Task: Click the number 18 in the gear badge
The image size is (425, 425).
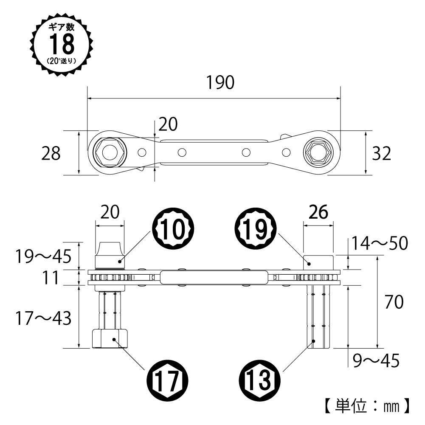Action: [x=62, y=44]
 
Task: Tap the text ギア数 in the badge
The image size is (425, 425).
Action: [x=62, y=27]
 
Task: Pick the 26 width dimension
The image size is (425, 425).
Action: [x=318, y=212]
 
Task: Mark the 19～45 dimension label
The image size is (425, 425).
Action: [x=41, y=256]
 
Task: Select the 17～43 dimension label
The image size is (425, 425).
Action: [x=41, y=318]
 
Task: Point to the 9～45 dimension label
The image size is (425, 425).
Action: [x=376, y=361]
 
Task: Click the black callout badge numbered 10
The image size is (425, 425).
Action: [x=175, y=230]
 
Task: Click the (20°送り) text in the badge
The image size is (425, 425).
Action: [x=62, y=61]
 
